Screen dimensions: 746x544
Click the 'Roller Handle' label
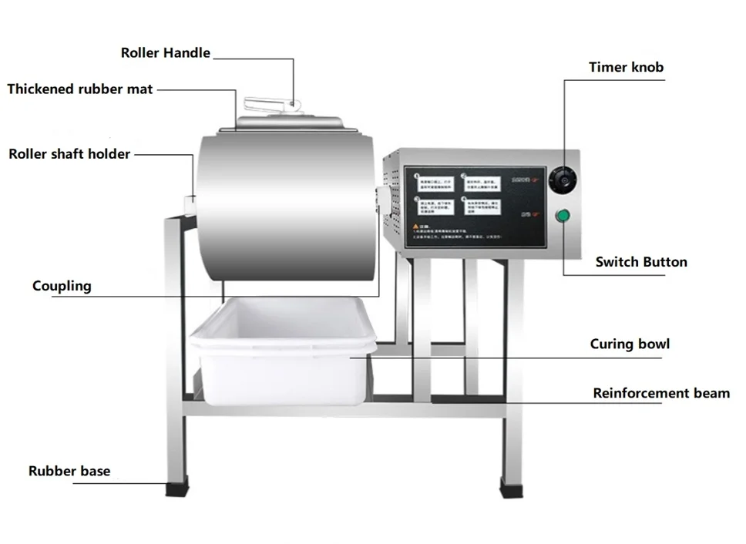tap(165, 53)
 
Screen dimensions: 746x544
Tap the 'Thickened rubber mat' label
tap(80, 89)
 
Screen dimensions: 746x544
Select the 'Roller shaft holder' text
tap(69, 154)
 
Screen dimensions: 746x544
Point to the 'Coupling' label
tap(62, 287)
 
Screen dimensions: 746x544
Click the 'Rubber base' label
tap(69, 471)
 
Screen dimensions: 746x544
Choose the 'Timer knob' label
tap(626, 67)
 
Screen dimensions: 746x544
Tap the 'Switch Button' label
tap(640, 262)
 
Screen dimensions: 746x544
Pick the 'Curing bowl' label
tap(630, 344)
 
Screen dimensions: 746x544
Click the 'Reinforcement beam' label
tap(660, 394)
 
